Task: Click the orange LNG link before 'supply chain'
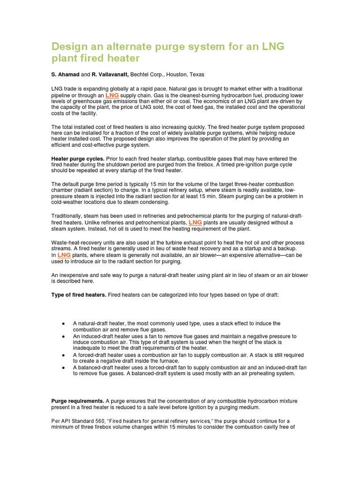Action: click(112, 95)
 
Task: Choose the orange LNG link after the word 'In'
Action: click(64, 255)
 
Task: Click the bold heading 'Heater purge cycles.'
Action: click(78, 159)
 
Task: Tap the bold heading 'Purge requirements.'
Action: click(78, 401)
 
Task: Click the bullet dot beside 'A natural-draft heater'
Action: click(63, 323)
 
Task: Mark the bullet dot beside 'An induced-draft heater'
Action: click(63, 337)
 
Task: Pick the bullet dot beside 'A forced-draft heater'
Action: click(63, 355)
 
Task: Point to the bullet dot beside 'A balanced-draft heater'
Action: click(63, 368)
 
